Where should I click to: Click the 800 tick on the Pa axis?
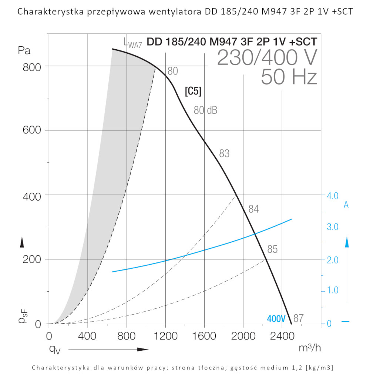33,66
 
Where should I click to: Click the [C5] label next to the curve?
193,92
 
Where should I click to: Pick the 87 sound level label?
299,318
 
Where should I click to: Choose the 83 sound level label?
224,153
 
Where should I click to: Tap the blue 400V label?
276,319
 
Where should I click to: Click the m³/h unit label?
310,348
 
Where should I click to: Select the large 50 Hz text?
289,77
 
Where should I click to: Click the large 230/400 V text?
267,57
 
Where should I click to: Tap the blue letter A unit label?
346,205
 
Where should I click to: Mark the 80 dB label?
205,110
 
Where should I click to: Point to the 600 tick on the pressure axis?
33,131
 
